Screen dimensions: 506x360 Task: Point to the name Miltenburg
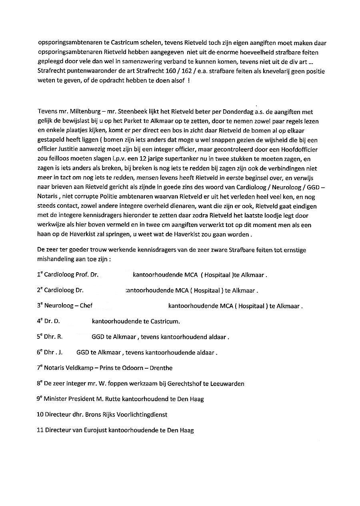(x=76, y=111)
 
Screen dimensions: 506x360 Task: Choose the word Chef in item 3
(x=86, y=305)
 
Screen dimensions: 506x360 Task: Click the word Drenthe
(x=160, y=367)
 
